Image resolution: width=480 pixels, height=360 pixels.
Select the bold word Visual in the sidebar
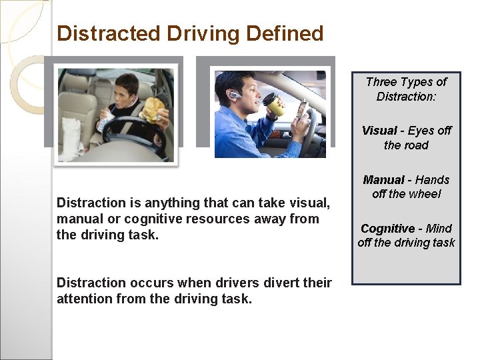(379, 131)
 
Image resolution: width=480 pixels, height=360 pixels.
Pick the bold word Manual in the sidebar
(383, 180)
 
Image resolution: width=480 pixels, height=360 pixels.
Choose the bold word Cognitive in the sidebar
(387, 229)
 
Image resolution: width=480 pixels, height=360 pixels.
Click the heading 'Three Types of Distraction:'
(406, 89)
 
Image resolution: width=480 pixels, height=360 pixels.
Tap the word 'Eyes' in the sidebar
(421, 131)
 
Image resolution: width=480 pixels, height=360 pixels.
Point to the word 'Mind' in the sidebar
(439, 229)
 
